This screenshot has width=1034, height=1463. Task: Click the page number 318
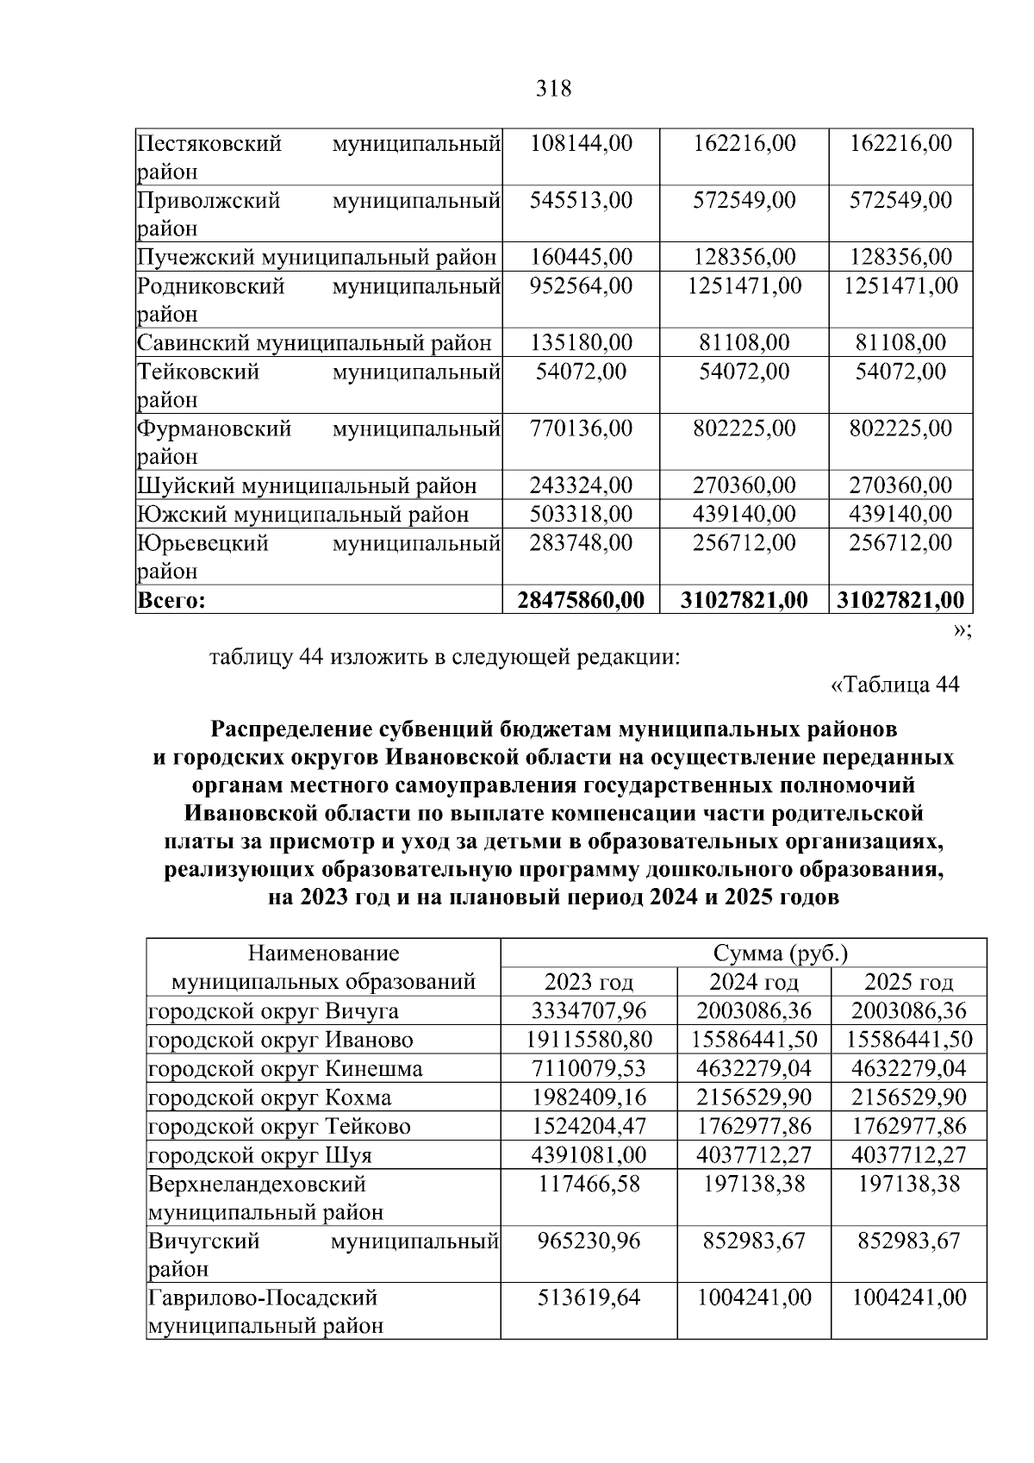coord(553,89)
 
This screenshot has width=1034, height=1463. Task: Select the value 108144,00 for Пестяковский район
coord(581,143)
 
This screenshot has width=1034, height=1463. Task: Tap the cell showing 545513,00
coord(581,200)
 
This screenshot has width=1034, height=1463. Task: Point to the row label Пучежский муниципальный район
coord(317,257)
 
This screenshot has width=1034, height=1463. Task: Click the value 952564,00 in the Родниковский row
coord(581,285)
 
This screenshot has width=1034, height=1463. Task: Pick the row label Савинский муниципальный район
coord(315,343)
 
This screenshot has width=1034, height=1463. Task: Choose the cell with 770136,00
coord(581,428)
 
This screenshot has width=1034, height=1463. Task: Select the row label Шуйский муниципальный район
coord(307,485)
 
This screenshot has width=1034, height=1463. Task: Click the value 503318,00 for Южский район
coord(581,514)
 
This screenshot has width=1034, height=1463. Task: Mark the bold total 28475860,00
coord(581,600)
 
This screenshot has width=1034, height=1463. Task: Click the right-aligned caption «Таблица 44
coord(894,685)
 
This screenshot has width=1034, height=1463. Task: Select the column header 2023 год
coord(589,982)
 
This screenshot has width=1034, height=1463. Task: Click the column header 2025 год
coord(908,982)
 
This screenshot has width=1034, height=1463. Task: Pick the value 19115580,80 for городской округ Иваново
coord(589,1040)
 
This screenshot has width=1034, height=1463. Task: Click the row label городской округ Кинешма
coord(285,1069)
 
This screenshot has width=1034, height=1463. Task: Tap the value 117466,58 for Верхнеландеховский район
coord(589,1184)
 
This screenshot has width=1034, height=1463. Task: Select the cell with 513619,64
coord(589,1297)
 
